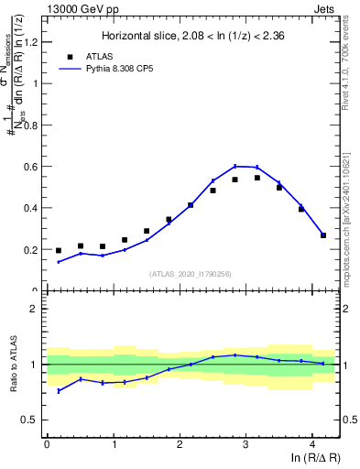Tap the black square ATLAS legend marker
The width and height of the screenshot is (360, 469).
70,55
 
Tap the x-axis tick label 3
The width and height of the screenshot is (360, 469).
245,443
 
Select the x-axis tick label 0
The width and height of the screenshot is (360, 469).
47,443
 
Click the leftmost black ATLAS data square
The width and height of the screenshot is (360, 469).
59,250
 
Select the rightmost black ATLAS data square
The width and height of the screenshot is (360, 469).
323,235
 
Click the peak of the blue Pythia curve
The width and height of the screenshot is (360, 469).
235,166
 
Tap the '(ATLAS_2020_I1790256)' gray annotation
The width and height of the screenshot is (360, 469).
190,274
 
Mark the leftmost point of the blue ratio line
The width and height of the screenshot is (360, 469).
59,391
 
